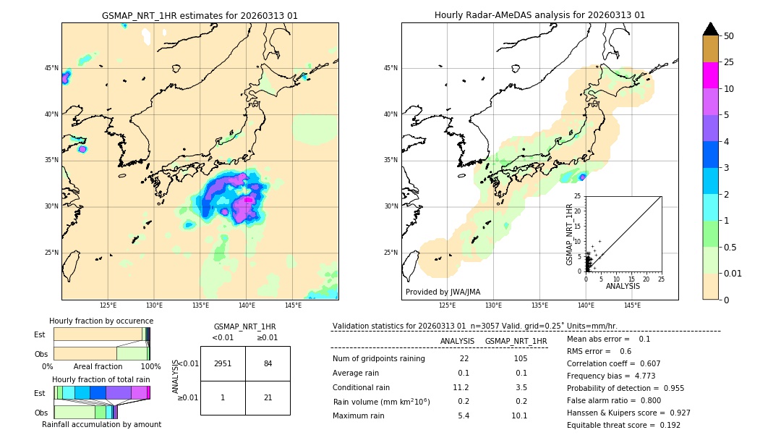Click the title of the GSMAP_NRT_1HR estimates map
pyautogui.click(x=200, y=15)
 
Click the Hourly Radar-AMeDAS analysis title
pyautogui.click(x=539, y=15)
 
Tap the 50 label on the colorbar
pyautogui.click(x=729, y=36)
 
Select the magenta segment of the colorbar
pyautogui.click(x=710, y=75)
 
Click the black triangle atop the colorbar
pyautogui.click(x=710, y=29)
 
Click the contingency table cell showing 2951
pyautogui.click(x=223, y=363)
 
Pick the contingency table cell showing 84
pyautogui.click(x=268, y=363)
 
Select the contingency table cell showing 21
pyautogui.click(x=268, y=397)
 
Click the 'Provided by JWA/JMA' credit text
pyautogui.click(x=443, y=292)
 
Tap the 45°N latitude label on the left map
pyautogui.click(x=51, y=68)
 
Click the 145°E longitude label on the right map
pyautogui.click(x=632, y=305)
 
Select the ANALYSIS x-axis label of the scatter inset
pyautogui.click(x=623, y=287)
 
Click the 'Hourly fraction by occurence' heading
pyautogui.click(x=101, y=321)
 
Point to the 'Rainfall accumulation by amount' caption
pyautogui.click(x=101, y=424)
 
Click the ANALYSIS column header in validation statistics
pyautogui.click(x=457, y=341)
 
